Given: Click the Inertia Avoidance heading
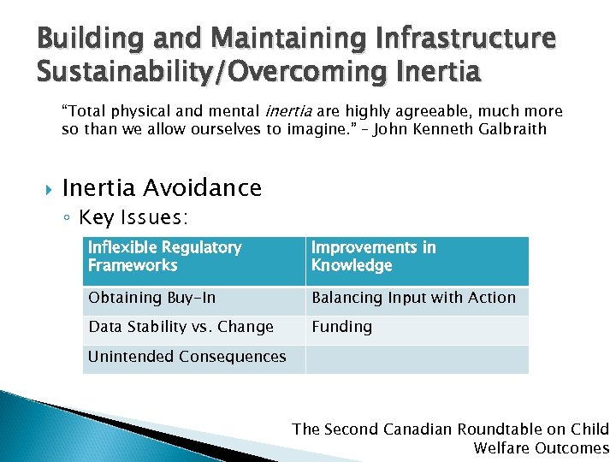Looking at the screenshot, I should tap(162, 187).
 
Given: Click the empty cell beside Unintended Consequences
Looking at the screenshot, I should tap(417, 358).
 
